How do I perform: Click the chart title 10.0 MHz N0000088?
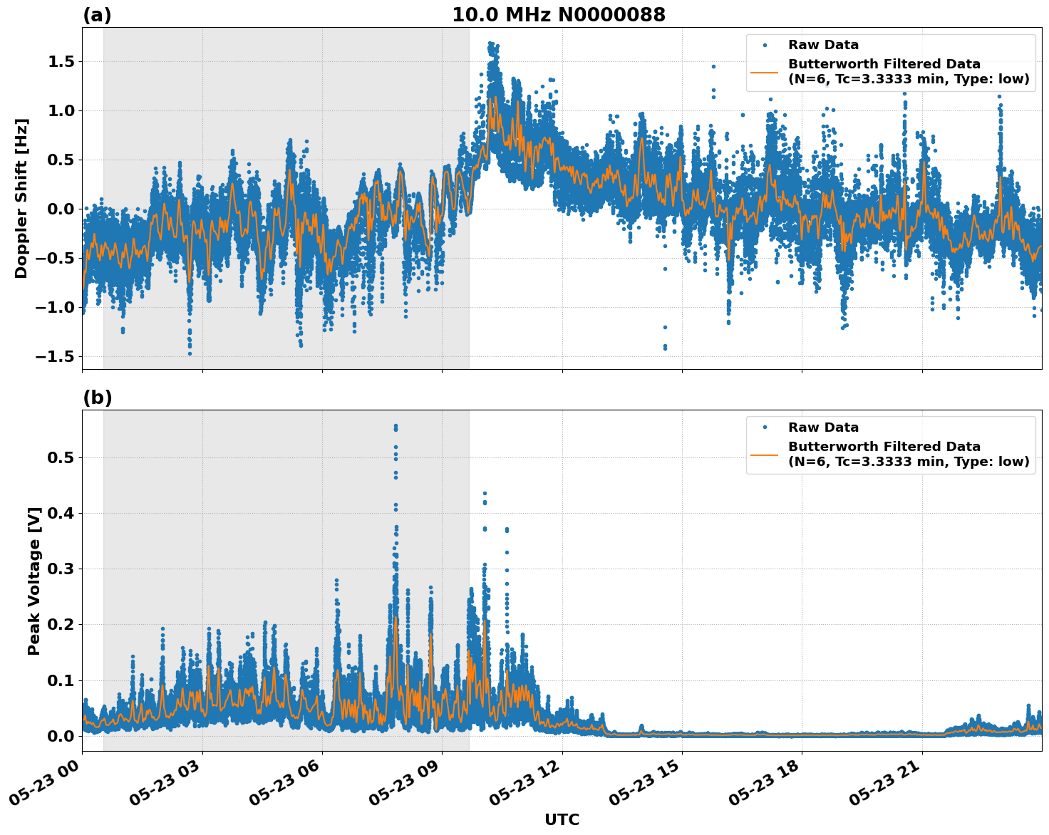point(558,15)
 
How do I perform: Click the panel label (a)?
point(97,15)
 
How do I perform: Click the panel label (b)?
point(97,398)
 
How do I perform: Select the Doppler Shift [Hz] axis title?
point(21,198)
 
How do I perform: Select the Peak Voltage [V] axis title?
point(34,581)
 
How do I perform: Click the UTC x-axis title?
point(562,819)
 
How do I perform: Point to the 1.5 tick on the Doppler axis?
point(61,62)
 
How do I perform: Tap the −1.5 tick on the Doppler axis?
point(56,356)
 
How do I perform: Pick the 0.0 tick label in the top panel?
point(61,209)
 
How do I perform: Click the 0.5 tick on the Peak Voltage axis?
point(61,457)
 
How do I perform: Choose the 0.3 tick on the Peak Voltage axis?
point(61,569)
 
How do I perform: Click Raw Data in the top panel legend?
point(823,45)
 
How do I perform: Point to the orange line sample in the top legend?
point(765,71)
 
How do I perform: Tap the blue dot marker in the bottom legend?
point(765,427)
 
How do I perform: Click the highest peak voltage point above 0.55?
point(396,425)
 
